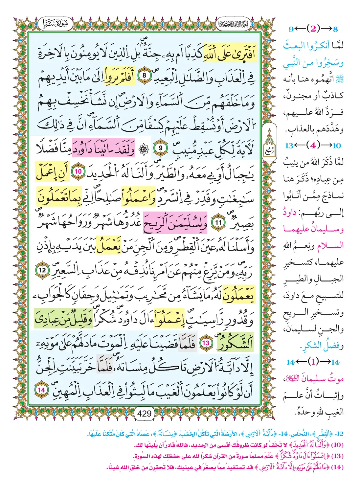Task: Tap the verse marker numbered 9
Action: (161, 148)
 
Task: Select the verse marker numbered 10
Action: (78, 171)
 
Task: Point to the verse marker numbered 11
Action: (218, 222)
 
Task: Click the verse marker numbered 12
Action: (42, 270)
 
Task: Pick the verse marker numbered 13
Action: (205, 343)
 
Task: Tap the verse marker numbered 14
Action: (41, 390)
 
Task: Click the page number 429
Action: (145, 414)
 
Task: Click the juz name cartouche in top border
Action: (233, 24)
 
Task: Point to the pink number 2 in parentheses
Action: (313, 29)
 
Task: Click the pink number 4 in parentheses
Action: (313, 146)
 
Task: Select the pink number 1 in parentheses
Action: (313, 362)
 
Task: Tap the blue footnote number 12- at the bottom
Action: (340, 434)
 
